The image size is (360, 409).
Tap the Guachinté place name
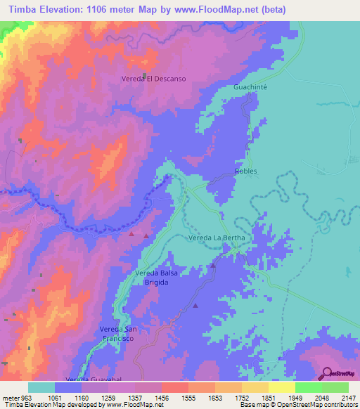point(251,87)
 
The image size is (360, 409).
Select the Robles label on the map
point(245,171)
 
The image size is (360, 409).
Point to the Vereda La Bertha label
point(217,239)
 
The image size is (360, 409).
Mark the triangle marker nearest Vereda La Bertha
point(213,266)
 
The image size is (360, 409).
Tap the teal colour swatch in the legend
point(41,387)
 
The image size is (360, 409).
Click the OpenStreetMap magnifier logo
point(327,373)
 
